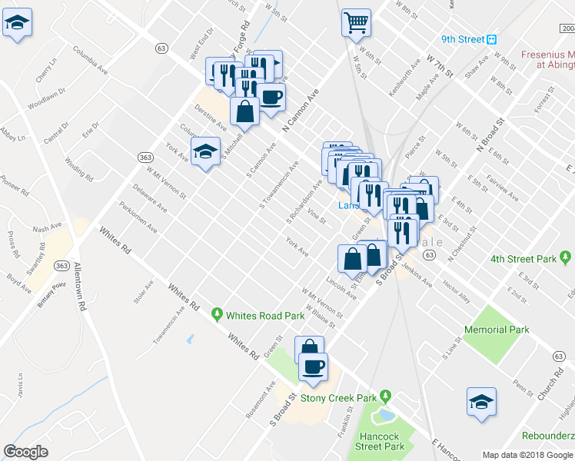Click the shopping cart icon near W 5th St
point(356,22)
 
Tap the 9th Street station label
point(464,39)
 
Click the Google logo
point(25,451)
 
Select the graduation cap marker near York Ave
point(205,151)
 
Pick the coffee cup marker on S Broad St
point(312,366)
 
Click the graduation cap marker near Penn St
point(481,401)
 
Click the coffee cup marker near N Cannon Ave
point(271,97)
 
